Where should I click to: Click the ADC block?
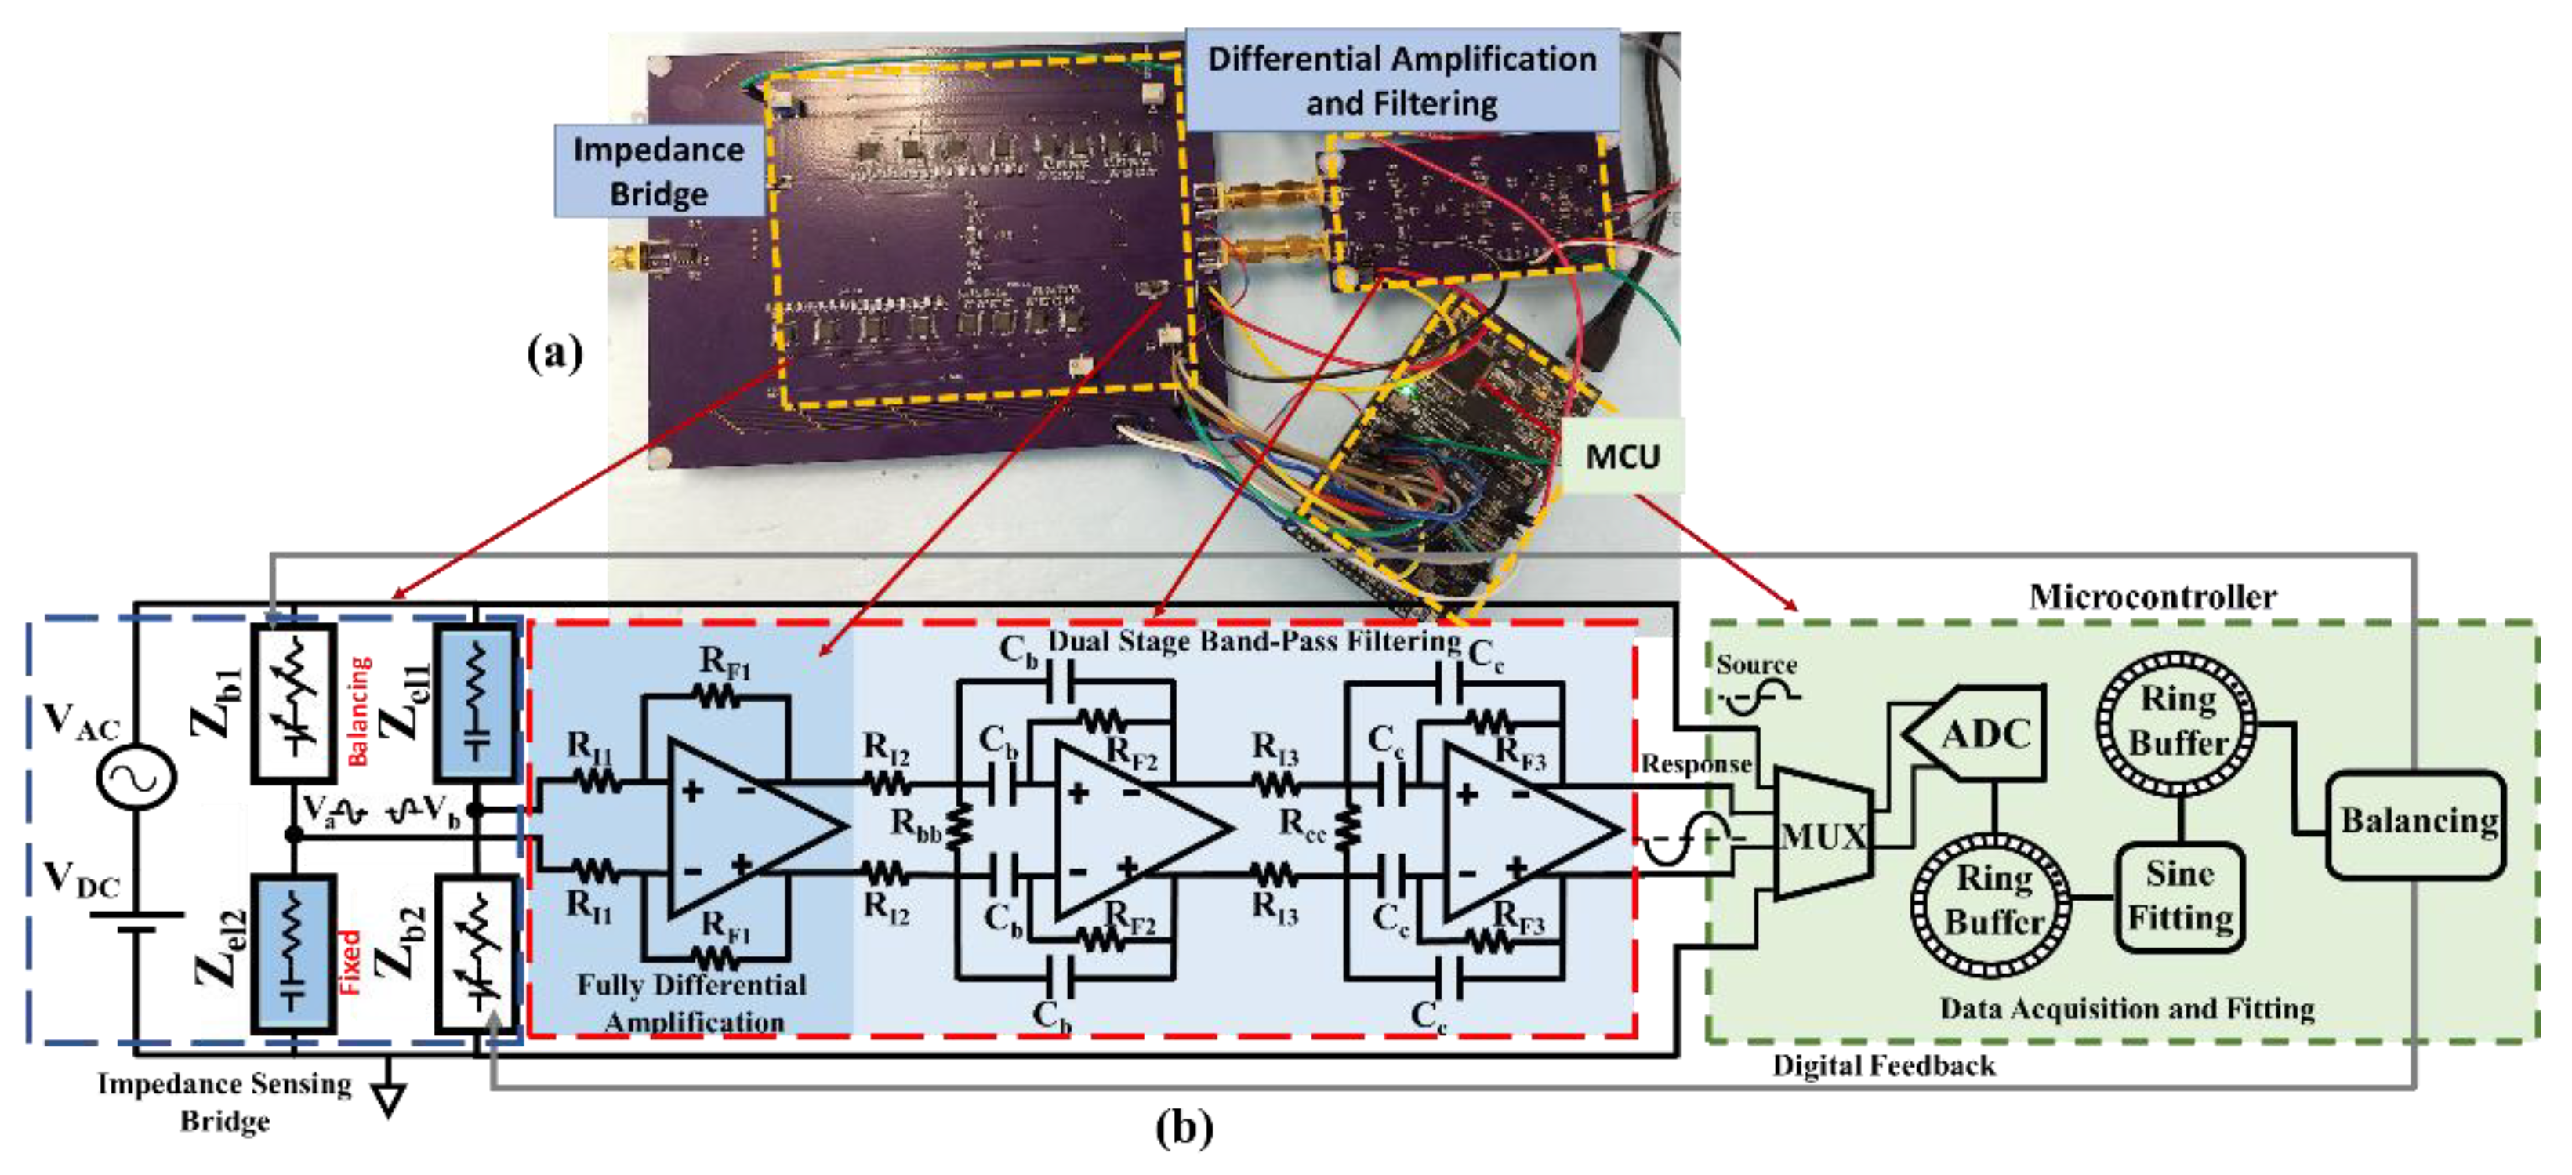pos(1982,734)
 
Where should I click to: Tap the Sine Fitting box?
pos(2179,895)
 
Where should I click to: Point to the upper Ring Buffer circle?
pos(2177,722)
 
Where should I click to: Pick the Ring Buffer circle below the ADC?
pos(1992,901)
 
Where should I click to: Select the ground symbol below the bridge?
pos(388,1098)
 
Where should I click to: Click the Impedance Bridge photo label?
pos(659,171)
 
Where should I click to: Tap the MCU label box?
pos(1623,456)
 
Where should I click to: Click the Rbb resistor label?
pos(916,825)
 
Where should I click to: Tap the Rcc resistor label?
pos(1303,825)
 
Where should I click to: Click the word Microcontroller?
pos(2153,597)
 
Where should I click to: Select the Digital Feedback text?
pos(1884,1065)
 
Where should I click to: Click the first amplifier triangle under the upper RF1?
pos(744,828)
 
